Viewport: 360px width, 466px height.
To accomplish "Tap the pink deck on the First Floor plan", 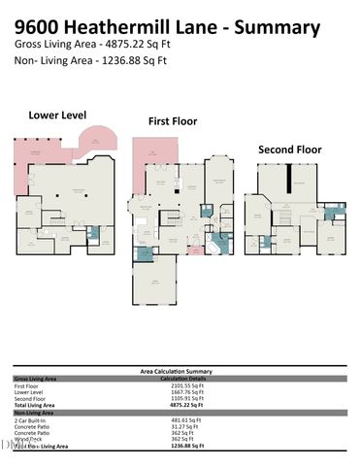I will pyautogui.click(x=152, y=154).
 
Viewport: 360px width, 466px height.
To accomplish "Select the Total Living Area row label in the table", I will pyautogui.click(x=36, y=406).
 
